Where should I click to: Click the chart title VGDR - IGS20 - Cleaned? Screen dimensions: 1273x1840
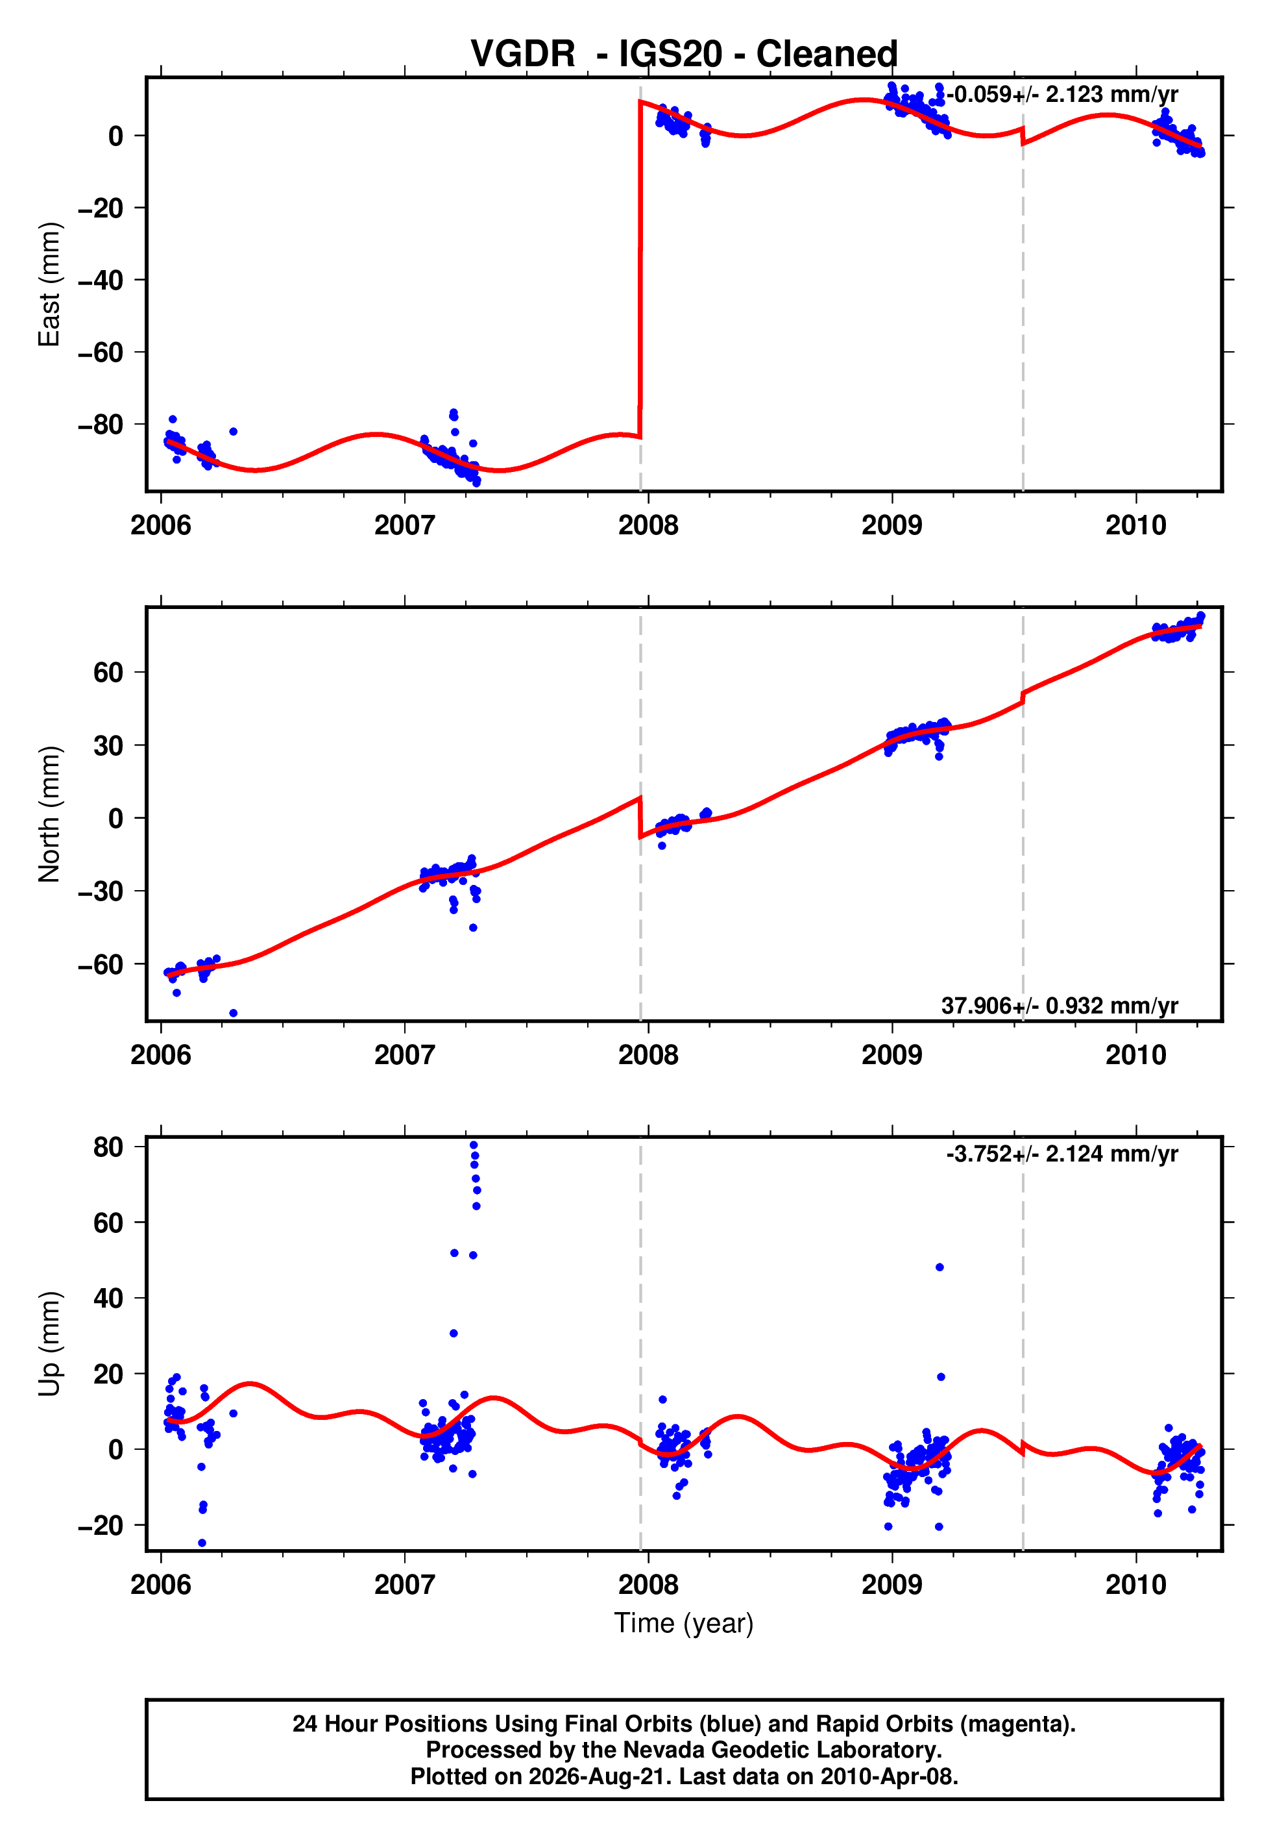point(684,53)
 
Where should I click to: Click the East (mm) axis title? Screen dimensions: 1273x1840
point(49,284)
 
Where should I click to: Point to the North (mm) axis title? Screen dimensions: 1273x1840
point(49,814)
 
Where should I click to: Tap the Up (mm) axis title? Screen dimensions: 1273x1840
point(49,1344)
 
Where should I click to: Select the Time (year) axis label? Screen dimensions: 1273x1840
point(684,1623)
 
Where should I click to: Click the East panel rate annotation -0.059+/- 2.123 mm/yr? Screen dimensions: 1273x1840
point(1061,94)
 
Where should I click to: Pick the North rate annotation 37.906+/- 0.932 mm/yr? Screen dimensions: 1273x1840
point(1060,1005)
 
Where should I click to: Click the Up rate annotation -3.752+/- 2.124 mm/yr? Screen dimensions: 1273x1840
point(1061,1154)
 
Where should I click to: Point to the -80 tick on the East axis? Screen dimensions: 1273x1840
point(101,424)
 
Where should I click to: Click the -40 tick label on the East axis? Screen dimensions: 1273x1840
point(101,280)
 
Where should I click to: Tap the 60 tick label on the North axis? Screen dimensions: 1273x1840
point(108,672)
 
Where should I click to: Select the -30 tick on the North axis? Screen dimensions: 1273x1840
point(101,891)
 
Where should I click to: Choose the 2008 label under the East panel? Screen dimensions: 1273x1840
point(648,525)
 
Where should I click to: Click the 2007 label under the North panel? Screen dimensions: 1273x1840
point(404,1055)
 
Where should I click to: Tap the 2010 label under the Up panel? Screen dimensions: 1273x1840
point(1136,1585)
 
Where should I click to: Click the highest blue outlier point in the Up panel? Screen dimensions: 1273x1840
point(474,1145)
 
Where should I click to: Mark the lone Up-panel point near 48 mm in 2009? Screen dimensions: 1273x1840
point(940,1267)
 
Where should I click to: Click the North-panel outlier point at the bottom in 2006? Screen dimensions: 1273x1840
point(233,1013)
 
